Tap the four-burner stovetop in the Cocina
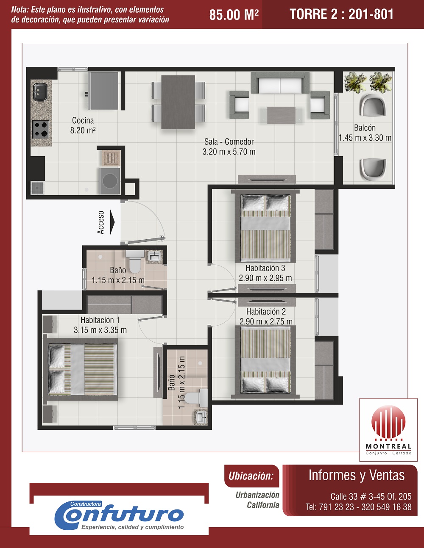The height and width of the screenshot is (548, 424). coord(40,129)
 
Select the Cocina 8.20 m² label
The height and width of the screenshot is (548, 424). coord(83,125)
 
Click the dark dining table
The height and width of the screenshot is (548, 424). coord(178,102)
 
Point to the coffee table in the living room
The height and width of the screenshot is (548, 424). coord(281,115)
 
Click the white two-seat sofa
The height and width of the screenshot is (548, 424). coord(280,83)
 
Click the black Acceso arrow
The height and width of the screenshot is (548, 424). coord(112,222)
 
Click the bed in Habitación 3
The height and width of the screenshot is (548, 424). coord(265,228)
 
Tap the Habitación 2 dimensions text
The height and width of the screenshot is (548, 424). coord(266,321)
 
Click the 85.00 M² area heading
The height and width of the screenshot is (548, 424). coord(234,15)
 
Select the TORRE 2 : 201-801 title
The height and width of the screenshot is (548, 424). coord(341,14)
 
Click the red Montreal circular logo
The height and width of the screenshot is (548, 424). coord(388,422)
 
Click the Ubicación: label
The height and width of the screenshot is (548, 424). coord(251,476)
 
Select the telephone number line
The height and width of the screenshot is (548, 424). coord(358,507)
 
